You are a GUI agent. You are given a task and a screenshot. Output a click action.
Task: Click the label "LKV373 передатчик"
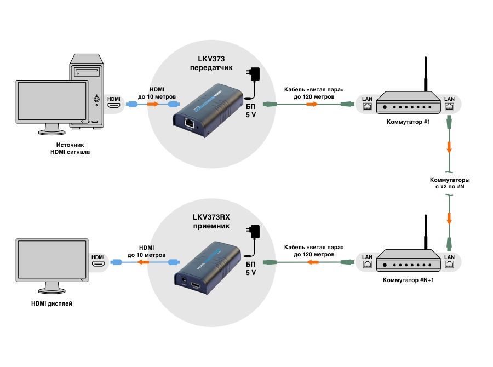pyautogui.click(x=211, y=63)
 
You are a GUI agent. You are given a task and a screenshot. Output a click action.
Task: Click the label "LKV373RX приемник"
pyautogui.click(x=211, y=221)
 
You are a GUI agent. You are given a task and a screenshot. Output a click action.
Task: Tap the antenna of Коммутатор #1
pyautogui.click(x=426, y=74)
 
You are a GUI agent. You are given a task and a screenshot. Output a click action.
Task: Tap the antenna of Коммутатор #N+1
pyautogui.click(x=426, y=232)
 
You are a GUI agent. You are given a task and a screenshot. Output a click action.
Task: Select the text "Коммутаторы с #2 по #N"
pyautogui.click(x=450, y=183)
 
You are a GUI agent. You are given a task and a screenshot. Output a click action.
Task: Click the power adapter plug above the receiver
pyautogui.click(x=254, y=233)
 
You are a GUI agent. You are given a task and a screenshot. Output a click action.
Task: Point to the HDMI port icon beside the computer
pyautogui.click(x=114, y=105)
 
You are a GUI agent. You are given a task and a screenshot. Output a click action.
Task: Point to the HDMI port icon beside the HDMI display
pyautogui.click(x=98, y=263)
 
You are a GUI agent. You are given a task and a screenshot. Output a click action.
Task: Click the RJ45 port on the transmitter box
pyautogui.click(x=189, y=123)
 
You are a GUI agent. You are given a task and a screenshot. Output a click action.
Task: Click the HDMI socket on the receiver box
pyautogui.click(x=196, y=286)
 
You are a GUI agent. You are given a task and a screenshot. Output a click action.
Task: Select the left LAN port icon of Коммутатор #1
pyautogui.click(x=367, y=106)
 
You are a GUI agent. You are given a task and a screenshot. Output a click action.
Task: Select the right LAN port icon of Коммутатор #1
pyautogui.click(x=449, y=106)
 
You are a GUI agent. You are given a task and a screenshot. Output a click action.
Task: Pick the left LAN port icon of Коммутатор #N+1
pyautogui.click(x=367, y=265)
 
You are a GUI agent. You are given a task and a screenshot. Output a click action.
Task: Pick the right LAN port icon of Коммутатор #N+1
pyautogui.click(x=449, y=265)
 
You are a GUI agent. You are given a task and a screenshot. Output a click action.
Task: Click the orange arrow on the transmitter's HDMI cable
pyautogui.click(x=153, y=104)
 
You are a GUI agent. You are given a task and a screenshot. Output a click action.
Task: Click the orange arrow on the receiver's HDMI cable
pyautogui.click(x=144, y=262)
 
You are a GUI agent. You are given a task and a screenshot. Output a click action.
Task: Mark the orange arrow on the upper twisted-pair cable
pyautogui.click(x=312, y=104)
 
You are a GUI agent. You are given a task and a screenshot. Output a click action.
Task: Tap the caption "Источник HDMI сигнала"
pyautogui.click(x=70, y=148)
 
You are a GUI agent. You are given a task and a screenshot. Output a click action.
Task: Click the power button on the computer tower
pyautogui.click(x=96, y=99)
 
